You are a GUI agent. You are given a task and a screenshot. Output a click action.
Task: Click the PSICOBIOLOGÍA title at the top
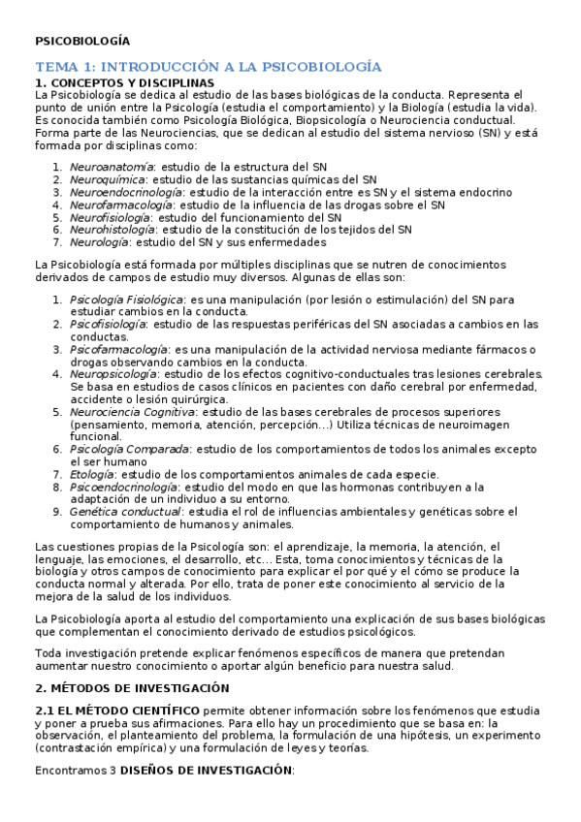point(81,42)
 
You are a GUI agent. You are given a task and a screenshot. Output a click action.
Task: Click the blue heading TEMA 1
point(208,66)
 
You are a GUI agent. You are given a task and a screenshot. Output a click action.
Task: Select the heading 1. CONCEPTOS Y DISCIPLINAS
point(124,83)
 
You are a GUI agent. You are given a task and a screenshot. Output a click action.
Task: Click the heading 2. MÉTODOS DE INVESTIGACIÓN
point(131,687)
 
